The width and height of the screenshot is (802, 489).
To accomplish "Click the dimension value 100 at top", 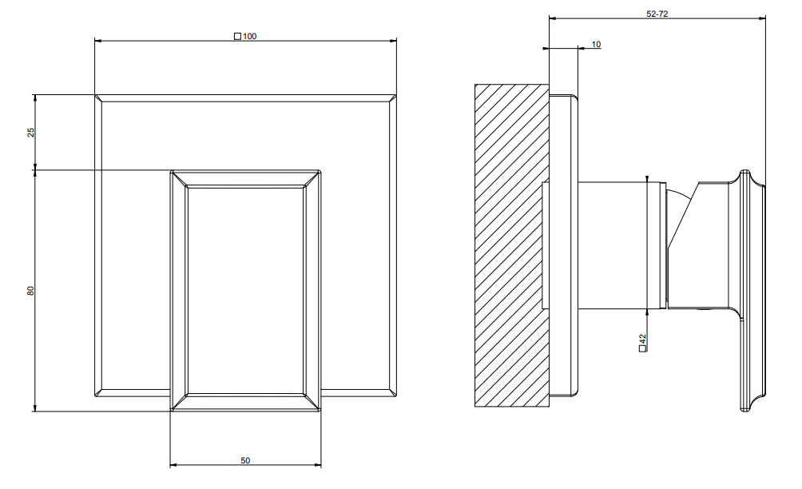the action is [x=249, y=36].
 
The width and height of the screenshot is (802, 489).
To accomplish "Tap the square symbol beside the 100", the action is [x=237, y=36].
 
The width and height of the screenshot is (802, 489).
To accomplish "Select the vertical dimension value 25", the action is [x=31, y=132].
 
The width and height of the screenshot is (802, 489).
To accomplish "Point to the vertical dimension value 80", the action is [x=30, y=291].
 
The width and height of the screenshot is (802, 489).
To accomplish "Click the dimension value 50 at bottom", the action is [x=245, y=460].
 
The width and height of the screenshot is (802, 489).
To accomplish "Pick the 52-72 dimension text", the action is [x=657, y=14].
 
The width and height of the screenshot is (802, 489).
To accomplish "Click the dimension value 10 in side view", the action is [x=597, y=45].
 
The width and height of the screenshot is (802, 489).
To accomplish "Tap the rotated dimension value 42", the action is [x=642, y=339].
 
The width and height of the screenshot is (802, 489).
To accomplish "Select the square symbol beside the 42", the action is [x=642, y=348].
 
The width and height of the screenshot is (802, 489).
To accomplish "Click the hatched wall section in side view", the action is [x=511, y=245].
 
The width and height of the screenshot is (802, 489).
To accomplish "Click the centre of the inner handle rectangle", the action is [x=245, y=291].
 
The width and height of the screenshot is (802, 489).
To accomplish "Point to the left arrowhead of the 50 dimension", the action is [x=173, y=465].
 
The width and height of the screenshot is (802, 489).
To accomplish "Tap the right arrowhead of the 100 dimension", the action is [x=393, y=41].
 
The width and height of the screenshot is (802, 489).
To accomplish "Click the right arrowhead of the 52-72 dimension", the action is [x=762, y=18].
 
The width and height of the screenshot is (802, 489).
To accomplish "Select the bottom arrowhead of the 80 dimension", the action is [x=34, y=407].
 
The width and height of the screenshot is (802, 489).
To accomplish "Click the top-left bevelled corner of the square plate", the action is [x=98, y=98].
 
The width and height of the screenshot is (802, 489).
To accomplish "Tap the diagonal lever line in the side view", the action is [x=683, y=215].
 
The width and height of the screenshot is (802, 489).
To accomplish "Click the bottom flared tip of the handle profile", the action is [x=744, y=408].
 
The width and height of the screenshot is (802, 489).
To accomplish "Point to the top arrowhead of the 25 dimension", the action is [x=34, y=98].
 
